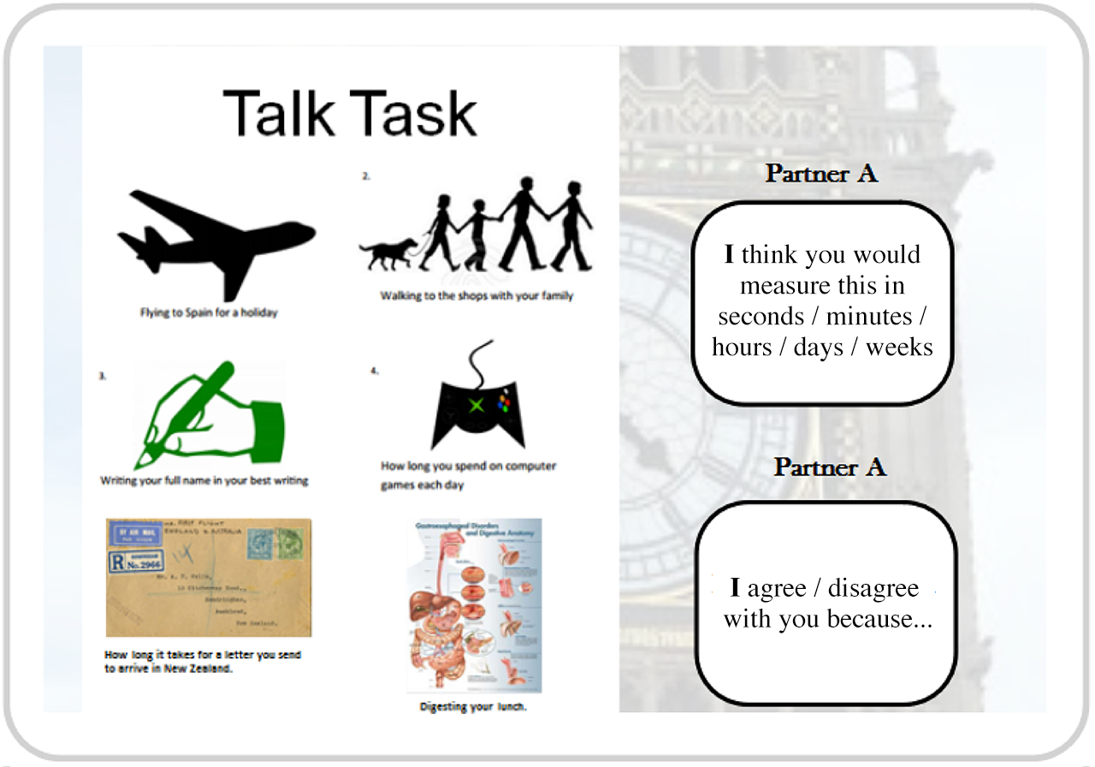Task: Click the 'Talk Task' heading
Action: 350,113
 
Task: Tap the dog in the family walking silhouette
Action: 388,253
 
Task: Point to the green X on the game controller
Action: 476,404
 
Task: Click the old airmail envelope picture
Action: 208,577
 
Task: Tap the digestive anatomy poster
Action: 474,604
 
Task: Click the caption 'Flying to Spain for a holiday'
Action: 209,312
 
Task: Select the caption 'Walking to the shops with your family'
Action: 476,295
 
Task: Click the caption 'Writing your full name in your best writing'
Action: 204,480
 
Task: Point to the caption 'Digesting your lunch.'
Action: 473,707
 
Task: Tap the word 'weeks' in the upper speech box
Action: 899,347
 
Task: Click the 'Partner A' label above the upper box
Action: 821,173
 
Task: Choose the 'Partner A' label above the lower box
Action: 830,467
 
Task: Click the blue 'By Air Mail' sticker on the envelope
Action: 129,535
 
